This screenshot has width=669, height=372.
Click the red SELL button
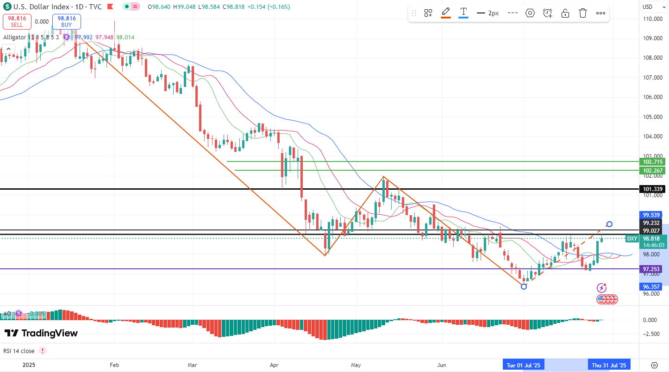click(17, 21)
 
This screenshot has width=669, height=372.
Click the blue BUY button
click(67, 21)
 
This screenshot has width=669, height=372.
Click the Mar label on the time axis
click(193, 365)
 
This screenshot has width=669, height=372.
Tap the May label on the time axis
click(356, 365)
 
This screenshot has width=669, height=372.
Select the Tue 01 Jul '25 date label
click(523, 365)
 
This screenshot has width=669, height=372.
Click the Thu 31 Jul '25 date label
click(609, 365)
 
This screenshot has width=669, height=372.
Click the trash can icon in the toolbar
click(582, 13)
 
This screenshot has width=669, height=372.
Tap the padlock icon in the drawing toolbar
click(565, 13)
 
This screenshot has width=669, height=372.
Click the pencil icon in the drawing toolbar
click(446, 12)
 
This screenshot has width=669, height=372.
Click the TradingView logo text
click(41, 333)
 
